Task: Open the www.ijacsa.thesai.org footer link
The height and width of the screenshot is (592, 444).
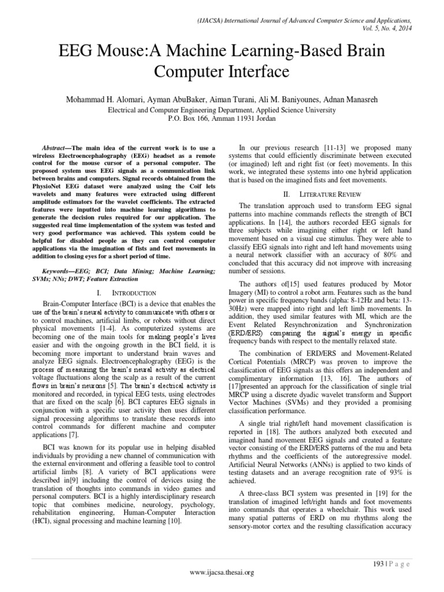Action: pyautogui.click(x=222, y=572)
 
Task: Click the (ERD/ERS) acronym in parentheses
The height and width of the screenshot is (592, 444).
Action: pyautogui.click(x=255, y=334)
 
